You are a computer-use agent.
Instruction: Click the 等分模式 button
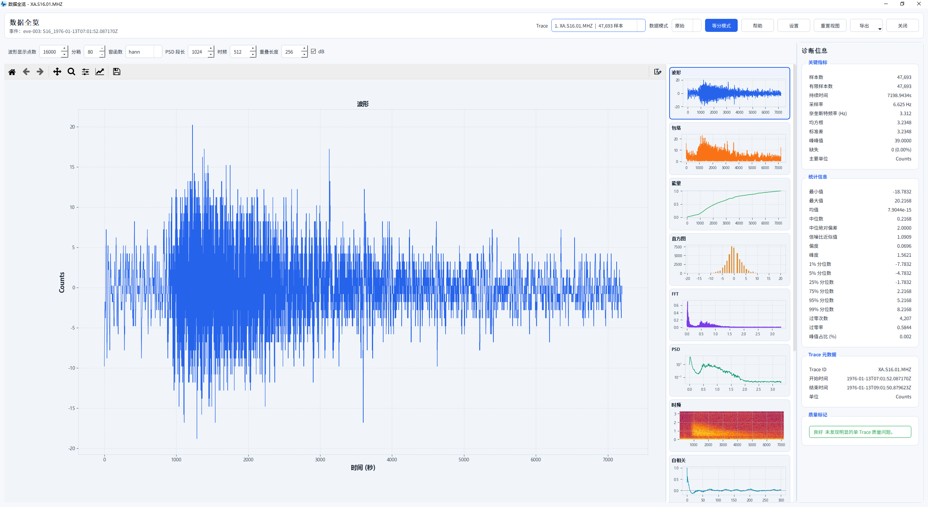point(721,26)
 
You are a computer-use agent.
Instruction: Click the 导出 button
point(866,26)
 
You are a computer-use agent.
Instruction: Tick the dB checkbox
point(314,51)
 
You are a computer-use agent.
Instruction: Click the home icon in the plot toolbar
point(12,72)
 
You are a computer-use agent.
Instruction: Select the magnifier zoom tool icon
point(71,72)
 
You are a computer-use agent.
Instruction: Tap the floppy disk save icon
point(116,72)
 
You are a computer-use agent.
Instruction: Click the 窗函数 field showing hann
point(144,52)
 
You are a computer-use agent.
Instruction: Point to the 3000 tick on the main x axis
point(320,460)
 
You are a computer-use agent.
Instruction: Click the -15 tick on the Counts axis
point(72,408)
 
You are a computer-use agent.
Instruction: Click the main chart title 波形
point(363,104)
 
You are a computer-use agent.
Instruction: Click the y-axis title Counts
point(62,282)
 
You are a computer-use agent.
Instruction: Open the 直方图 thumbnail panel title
point(679,239)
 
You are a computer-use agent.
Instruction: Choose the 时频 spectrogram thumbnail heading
point(676,405)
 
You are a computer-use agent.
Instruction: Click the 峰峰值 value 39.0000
point(903,141)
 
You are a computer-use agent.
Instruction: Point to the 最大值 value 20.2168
point(903,201)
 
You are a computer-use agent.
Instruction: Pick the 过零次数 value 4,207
point(905,318)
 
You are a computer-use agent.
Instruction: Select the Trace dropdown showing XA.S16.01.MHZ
point(598,26)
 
